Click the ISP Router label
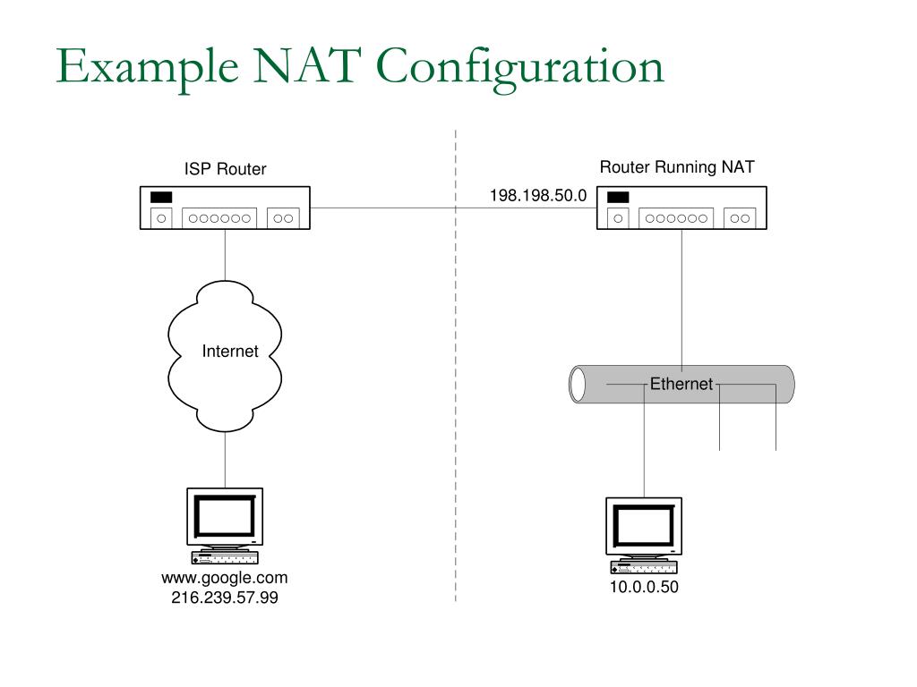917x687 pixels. pyautogui.click(x=225, y=169)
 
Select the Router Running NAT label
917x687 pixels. pyautogui.click(x=676, y=167)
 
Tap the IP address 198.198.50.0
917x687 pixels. pyautogui.click(x=537, y=195)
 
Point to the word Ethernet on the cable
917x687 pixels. pyautogui.click(x=681, y=384)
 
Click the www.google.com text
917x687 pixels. pyautogui.click(x=224, y=578)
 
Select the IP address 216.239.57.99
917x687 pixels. pyautogui.click(x=224, y=598)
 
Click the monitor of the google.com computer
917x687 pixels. pyautogui.click(x=224, y=516)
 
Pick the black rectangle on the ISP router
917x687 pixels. pyautogui.click(x=161, y=197)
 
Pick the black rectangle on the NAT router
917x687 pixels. pyautogui.click(x=618, y=197)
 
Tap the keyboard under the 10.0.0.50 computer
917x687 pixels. pyautogui.click(x=644, y=567)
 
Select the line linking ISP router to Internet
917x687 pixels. pyautogui.click(x=225, y=255)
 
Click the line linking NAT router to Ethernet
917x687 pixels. pyautogui.click(x=682, y=295)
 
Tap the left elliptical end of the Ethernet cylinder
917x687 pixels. pyautogui.click(x=578, y=384)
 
